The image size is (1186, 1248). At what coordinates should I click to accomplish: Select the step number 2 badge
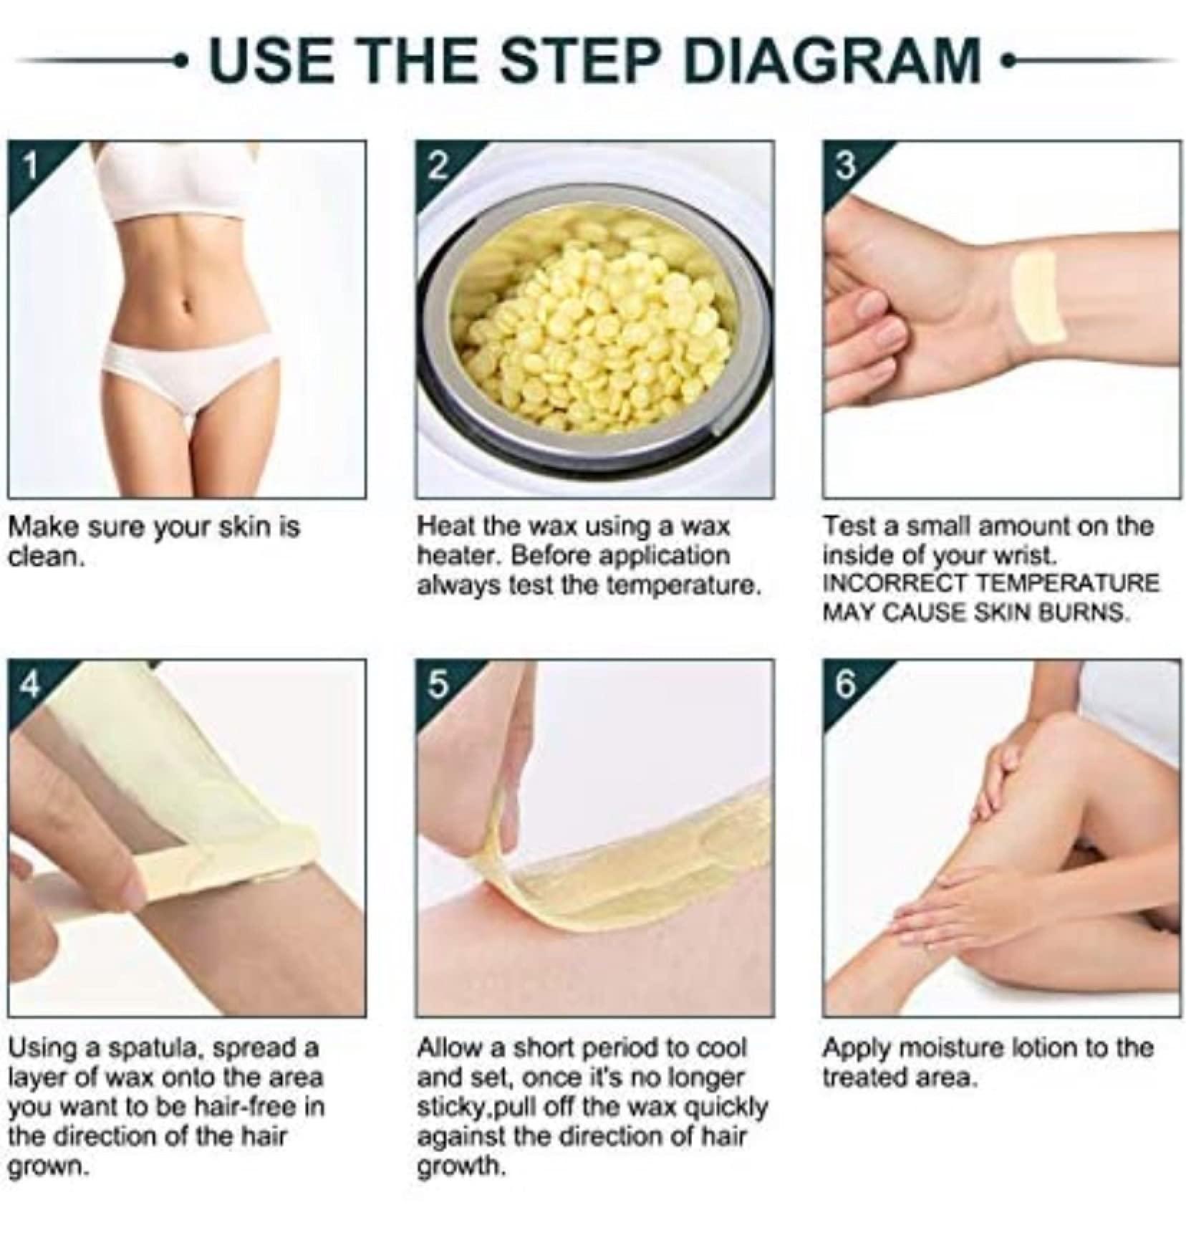[x=438, y=166]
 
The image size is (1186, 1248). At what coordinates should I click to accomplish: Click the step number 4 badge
[x=29, y=686]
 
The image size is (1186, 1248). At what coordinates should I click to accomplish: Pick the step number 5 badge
[x=438, y=686]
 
